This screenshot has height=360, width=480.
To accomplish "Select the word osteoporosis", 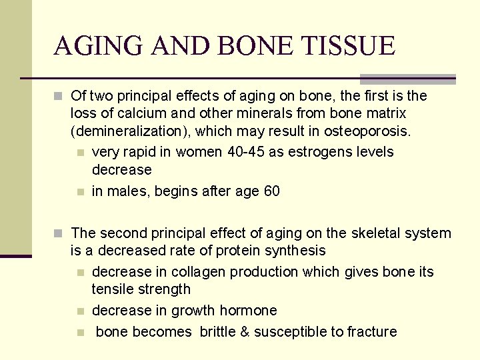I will tap(370, 131).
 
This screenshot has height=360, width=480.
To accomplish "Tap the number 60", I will tap(271, 191).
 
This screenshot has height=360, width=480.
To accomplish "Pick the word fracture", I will tap(372, 332).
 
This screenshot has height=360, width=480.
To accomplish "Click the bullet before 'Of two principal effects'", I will tap(59, 97).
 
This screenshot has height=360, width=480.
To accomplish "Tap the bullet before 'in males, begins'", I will tap(80, 192).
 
